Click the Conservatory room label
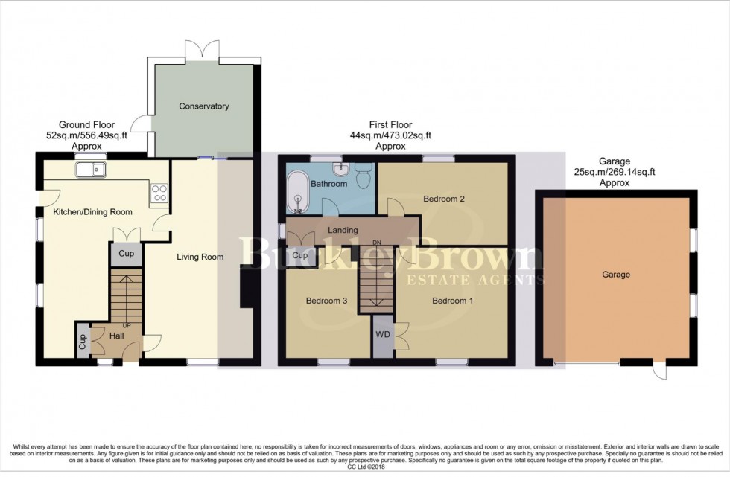(203, 106)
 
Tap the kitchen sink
(92, 170)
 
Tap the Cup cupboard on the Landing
(300, 256)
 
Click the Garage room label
(616, 275)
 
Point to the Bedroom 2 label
(444, 199)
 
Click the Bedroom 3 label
(326, 301)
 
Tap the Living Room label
(200, 257)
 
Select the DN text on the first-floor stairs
(377, 243)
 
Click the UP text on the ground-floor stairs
(127, 326)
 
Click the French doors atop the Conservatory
(203, 51)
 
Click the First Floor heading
(390, 125)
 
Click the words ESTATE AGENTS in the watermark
(474, 280)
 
